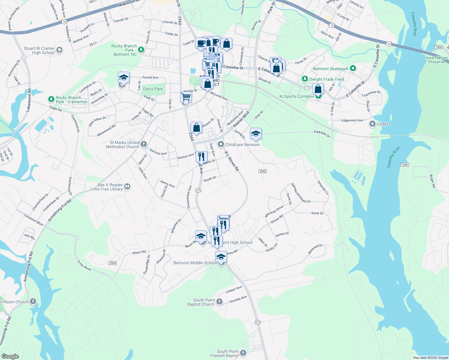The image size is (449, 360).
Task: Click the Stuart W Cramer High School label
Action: [39, 50]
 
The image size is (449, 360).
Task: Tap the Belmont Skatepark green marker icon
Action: [353, 69]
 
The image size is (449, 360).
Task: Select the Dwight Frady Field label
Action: [327, 79]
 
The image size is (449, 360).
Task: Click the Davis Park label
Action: [153, 89]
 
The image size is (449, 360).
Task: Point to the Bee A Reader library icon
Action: [127, 187]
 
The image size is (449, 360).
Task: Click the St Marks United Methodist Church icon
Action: [144, 144]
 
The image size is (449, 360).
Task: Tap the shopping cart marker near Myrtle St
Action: [186, 97]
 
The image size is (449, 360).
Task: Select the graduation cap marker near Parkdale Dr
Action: [255, 133]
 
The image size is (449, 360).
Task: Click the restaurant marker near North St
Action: [201, 157]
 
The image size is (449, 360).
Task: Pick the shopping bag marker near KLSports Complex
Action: [318, 89]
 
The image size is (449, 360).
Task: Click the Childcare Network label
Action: [243, 145]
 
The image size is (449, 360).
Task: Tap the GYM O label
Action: [383, 124]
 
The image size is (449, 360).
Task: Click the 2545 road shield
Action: [262, 171]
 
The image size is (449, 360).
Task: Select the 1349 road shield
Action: [405, 165]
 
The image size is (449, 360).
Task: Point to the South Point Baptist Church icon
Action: [219, 301]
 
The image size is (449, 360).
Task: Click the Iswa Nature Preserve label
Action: [436, 60]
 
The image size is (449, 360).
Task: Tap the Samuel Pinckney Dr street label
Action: [301, 193]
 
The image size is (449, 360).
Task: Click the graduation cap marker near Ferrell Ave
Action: [124, 78]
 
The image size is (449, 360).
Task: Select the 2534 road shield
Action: [113, 263]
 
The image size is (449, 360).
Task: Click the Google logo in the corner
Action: [10, 356]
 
